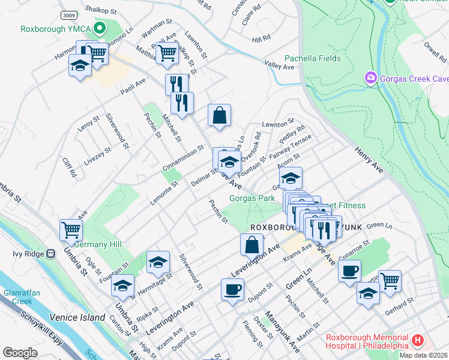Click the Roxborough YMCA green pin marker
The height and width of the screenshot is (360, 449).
point(100,28)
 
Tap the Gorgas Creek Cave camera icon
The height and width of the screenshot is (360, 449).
point(370,78)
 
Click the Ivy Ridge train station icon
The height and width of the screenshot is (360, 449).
point(52,253)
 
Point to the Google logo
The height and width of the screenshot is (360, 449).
point(20,352)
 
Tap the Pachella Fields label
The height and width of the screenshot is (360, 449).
point(312,59)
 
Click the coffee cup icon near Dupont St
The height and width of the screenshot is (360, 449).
point(232,290)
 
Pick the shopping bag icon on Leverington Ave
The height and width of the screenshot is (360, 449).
point(252,245)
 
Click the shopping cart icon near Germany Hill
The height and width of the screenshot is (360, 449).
point(71,229)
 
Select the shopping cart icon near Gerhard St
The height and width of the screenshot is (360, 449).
point(390,280)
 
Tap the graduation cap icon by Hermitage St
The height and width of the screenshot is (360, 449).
point(158,262)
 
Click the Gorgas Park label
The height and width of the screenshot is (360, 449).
point(252,197)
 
